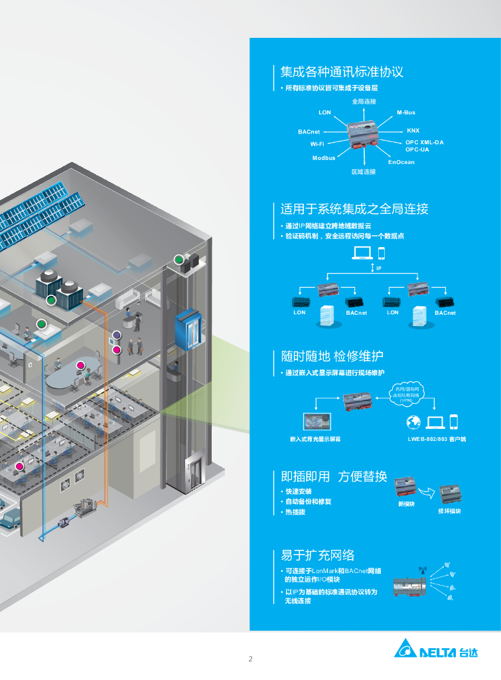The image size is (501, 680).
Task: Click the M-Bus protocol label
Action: click(406, 113)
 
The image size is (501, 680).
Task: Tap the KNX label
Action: click(413, 131)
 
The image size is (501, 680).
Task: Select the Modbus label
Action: click(324, 157)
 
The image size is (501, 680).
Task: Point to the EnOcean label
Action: click(401, 162)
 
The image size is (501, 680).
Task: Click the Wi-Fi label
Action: click(317, 143)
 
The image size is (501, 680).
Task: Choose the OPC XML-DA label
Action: click(425, 142)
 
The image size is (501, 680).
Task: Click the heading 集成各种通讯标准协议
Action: click(342, 72)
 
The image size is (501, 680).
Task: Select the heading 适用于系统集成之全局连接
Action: click(354, 209)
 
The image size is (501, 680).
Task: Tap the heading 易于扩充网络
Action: click(318, 555)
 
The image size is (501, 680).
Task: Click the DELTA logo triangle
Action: click(405, 648)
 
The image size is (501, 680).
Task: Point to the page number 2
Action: click(250, 659)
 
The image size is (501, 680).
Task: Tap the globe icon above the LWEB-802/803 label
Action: click(413, 422)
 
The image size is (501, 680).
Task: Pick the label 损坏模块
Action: click(449, 511)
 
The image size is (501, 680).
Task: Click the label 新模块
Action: click(406, 504)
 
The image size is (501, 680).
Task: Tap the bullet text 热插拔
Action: click(295, 512)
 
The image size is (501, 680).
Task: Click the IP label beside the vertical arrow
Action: click(379, 268)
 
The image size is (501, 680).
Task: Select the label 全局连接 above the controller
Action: click(364, 102)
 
